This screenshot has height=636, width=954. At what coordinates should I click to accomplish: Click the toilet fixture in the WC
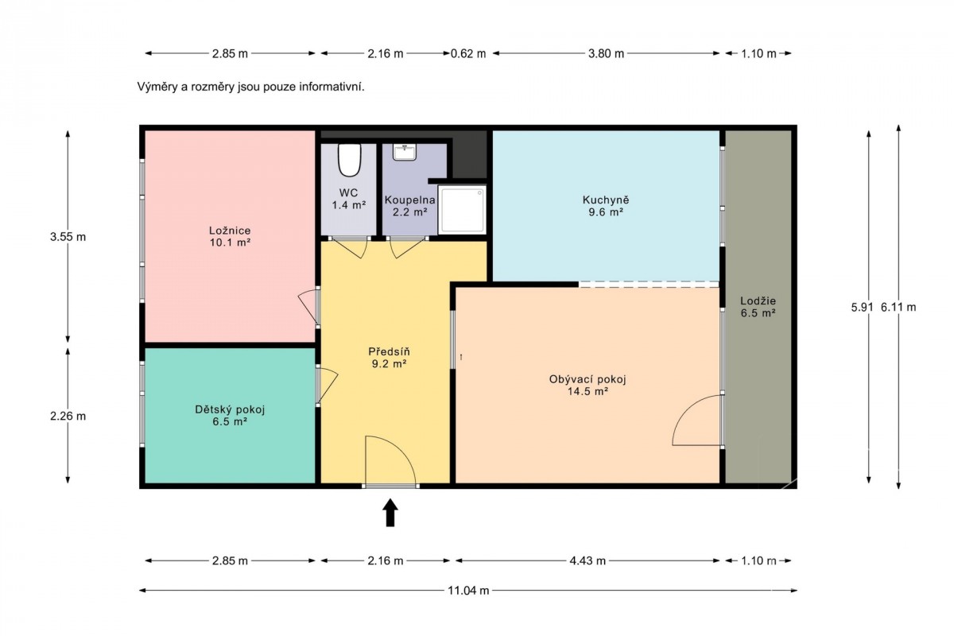(349, 160)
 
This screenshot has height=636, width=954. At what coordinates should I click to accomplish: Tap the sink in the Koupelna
(404, 152)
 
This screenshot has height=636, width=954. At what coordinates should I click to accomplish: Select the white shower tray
(462, 210)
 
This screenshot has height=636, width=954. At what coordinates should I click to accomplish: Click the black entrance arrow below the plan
(390, 513)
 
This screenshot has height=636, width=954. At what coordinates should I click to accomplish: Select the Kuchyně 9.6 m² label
(606, 206)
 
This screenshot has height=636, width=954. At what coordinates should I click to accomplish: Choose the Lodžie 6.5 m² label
(758, 307)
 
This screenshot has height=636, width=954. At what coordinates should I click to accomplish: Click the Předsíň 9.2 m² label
(389, 358)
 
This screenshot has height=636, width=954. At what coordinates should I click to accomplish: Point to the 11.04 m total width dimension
(468, 591)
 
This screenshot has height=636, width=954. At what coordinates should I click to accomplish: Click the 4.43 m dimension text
(588, 560)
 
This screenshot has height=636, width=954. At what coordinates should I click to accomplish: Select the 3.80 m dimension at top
(606, 54)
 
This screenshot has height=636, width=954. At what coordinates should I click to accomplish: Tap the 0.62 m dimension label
(468, 54)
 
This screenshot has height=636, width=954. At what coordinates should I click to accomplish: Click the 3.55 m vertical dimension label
(68, 237)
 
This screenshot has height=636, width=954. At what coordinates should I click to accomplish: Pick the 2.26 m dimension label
(68, 416)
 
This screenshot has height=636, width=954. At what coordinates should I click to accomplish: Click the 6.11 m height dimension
(898, 307)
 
